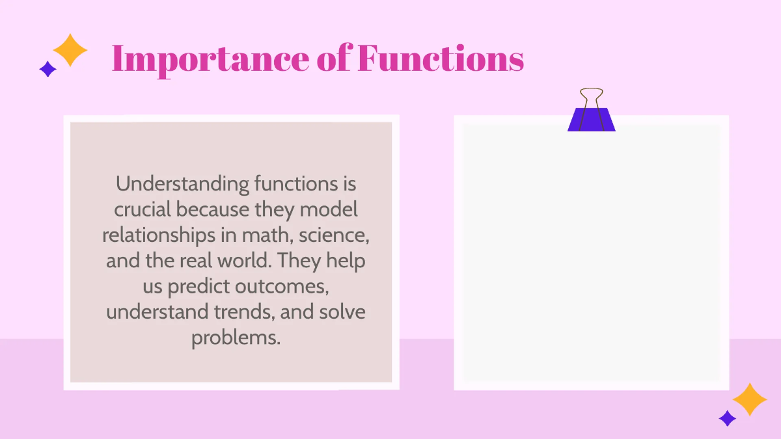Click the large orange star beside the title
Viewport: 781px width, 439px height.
70,50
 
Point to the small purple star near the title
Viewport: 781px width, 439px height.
48,69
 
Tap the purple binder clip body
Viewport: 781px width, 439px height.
591,120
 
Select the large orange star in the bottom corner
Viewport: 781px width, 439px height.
750,399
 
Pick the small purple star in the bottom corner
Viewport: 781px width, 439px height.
727,418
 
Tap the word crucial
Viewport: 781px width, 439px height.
143,209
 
